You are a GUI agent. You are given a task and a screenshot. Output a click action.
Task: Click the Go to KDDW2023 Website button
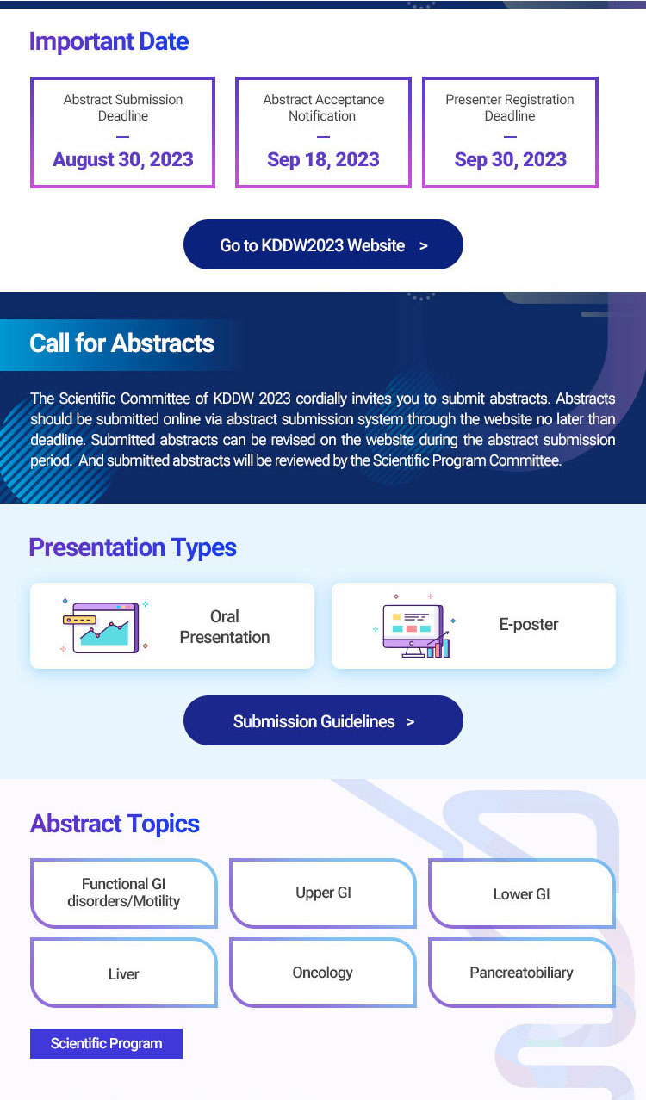click(323, 244)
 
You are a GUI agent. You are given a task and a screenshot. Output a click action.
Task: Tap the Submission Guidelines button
click(323, 720)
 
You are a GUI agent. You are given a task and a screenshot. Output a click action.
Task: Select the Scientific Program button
click(106, 1043)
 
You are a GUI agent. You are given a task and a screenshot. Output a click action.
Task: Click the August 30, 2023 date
click(123, 159)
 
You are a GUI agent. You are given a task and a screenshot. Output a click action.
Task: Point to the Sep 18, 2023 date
click(323, 159)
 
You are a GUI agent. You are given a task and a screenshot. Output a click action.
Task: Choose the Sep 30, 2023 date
click(511, 159)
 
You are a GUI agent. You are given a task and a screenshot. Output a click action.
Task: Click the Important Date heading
click(109, 41)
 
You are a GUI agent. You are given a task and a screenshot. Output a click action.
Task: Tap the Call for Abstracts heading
click(121, 343)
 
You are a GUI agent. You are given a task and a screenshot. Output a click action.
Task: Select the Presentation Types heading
click(133, 547)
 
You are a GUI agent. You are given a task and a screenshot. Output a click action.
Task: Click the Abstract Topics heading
click(115, 824)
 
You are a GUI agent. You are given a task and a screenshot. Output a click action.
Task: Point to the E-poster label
click(529, 625)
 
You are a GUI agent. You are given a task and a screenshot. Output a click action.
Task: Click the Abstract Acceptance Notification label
click(323, 108)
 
